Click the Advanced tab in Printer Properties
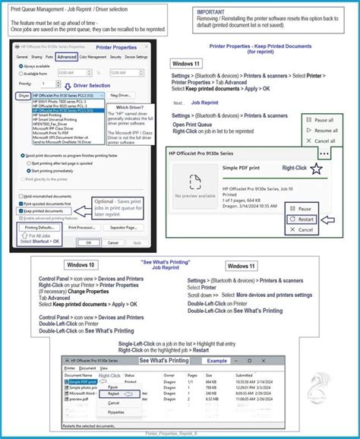(x=67, y=56)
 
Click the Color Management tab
(x=94, y=56)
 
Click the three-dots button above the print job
(x=324, y=151)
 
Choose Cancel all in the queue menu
(x=323, y=141)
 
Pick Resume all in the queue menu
(x=323, y=130)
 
